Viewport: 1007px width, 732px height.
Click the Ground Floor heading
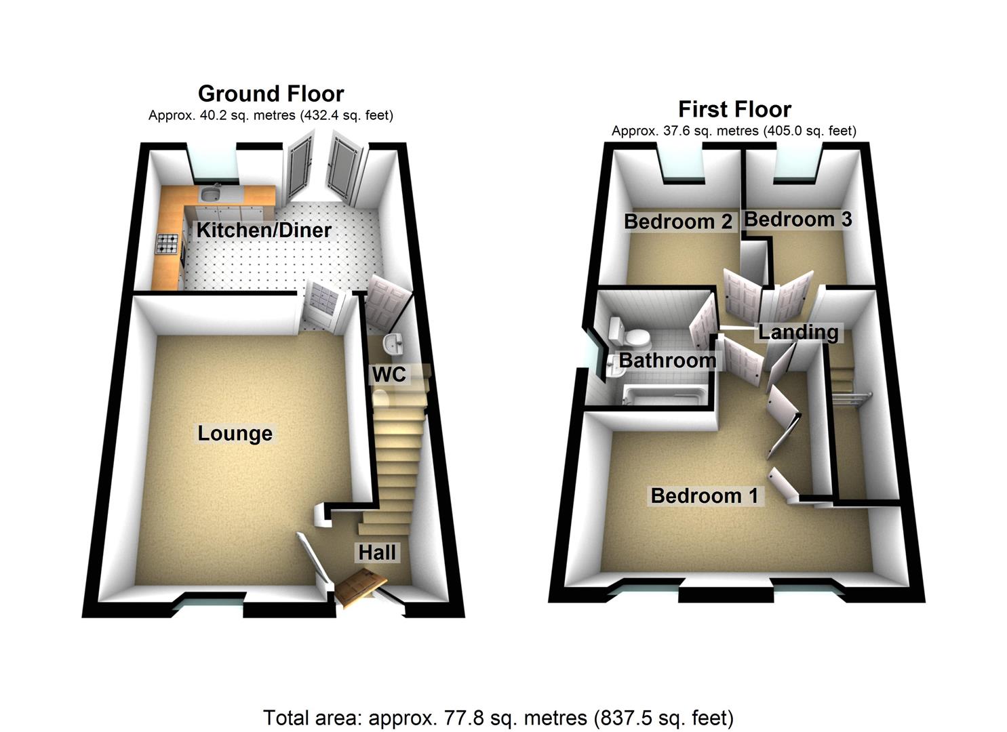(x=271, y=94)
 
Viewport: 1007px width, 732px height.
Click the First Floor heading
(x=734, y=109)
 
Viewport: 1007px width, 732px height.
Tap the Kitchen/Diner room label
(x=264, y=230)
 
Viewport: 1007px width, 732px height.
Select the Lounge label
(x=235, y=433)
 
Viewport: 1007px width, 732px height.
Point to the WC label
(x=389, y=373)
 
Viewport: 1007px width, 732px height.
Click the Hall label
(x=377, y=552)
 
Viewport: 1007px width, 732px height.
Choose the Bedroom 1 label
(x=705, y=495)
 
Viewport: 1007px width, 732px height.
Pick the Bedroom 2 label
(x=678, y=222)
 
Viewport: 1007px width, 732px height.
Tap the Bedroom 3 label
(x=798, y=220)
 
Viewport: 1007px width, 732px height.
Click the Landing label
(x=798, y=332)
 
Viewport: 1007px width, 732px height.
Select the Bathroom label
(x=667, y=360)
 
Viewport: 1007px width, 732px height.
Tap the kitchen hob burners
(x=168, y=244)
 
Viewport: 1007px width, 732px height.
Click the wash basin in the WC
(x=393, y=345)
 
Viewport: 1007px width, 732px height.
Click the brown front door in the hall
(x=361, y=587)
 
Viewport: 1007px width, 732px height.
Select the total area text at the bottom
(x=498, y=717)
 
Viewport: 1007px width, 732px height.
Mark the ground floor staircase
(x=397, y=461)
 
